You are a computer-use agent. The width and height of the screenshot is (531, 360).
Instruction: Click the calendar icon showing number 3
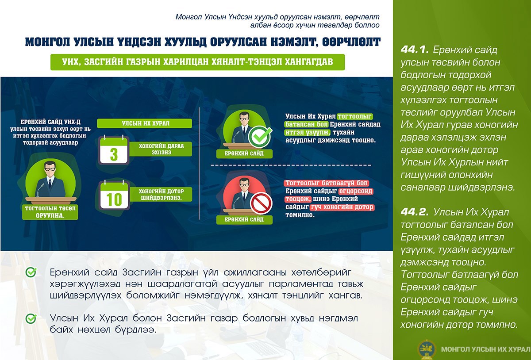pyautogui.click(x=114, y=150)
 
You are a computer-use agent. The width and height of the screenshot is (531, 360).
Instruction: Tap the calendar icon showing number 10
pyautogui.click(x=114, y=195)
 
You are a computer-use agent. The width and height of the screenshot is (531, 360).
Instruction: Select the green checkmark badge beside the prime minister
pyautogui.click(x=260, y=137)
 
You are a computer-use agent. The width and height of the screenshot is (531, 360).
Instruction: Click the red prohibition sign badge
pyautogui.click(x=262, y=203)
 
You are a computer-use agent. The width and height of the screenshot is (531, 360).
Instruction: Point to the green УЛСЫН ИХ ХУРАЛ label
pyautogui.click(x=144, y=123)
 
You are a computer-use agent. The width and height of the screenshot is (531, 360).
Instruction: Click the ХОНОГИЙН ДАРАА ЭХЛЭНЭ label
pyautogui.click(x=161, y=149)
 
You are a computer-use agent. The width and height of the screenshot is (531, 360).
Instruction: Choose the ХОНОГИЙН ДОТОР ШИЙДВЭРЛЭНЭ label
pyautogui.click(x=161, y=194)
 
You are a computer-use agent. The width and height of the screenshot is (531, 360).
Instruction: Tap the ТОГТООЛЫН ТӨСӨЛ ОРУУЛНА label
pyautogui.click(x=50, y=212)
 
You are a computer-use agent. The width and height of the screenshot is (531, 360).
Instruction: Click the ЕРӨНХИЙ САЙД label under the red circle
pyautogui.click(x=244, y=219)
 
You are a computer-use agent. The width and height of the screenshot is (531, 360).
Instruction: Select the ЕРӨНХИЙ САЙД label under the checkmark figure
pyautogui.click(x=244, y=153)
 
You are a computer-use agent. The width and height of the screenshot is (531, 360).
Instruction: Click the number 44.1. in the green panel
pyautogui.click(x=415, y=50)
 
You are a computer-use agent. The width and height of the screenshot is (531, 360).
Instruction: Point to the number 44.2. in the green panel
pyautogui.click(x=415, y=212)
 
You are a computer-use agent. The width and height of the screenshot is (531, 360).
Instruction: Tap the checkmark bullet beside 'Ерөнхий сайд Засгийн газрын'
pyautogui.click(x=31, y=272)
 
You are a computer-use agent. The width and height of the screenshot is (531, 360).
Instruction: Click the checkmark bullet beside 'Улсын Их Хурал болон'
pyautogui.click(x=31, y=318)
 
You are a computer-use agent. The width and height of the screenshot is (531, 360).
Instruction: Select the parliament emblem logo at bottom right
pyautogui.click(x=427, y=349)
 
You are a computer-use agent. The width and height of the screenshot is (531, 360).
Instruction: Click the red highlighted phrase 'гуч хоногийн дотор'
pyautogui.click(x=342, y=207)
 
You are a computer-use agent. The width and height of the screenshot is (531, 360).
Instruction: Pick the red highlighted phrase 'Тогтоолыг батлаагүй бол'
pyautogui.click(x=326, y=183)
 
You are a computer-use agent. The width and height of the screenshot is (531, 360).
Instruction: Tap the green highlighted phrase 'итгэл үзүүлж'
pyautogui.click(x=307, y=132)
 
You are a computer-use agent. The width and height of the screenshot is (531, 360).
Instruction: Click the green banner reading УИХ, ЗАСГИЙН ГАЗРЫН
pyautogui.click(x=197, y=62)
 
